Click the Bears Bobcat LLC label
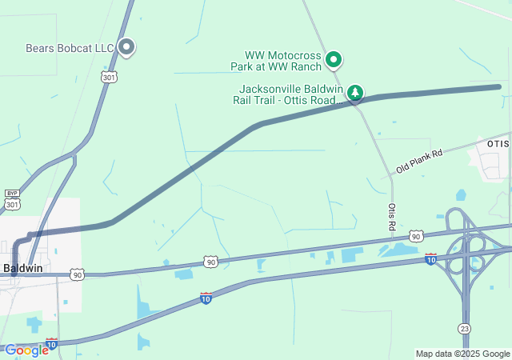tap(70, 48)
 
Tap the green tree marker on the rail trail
tap(355, 93)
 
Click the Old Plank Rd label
tap(418, 162)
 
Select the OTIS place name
tap(498, 143)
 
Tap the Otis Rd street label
tap(392, 216)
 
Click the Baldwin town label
tap(22, 268)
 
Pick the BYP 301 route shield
tap(12, 200)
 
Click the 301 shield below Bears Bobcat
tap(109, 77)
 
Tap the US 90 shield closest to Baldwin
tap(77, 274)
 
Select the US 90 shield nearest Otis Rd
tap(415, 236)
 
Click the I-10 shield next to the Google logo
tap(51, 344)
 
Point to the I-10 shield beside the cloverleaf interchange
tap(430, 258)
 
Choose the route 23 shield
tap(465, 329)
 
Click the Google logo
tap(26, 350)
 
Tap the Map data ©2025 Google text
tap(462, 354)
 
